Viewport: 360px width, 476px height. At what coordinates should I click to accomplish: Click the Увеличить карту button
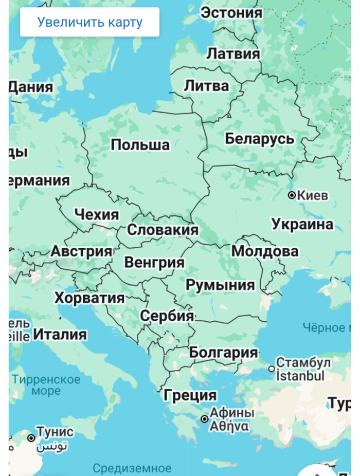89,22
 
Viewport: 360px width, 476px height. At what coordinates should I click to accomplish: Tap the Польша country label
140,145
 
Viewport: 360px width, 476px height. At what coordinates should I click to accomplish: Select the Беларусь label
260,139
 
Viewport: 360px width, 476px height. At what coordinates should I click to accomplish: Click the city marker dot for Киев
292,195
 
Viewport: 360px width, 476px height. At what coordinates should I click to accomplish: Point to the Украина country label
302,224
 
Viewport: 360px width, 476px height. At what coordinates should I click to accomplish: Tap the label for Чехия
97,214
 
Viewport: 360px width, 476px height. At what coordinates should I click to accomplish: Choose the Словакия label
163,230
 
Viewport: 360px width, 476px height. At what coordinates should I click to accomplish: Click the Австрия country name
81,251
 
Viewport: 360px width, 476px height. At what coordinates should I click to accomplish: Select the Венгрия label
154,262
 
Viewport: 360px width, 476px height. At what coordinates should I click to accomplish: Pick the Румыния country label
220,285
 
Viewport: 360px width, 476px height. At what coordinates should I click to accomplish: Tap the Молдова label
264,251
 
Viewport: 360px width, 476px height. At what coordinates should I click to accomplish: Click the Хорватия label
89,298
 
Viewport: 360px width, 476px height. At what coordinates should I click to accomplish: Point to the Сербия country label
167,316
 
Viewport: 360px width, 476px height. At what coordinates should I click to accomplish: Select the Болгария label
223,353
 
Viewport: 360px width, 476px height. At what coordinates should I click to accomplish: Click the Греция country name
190,395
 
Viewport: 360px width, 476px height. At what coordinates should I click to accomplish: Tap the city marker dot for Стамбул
272,369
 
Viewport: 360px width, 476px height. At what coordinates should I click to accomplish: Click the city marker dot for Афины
205,419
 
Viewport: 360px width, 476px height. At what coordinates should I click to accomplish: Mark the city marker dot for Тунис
31,438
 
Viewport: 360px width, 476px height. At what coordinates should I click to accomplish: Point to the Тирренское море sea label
46,385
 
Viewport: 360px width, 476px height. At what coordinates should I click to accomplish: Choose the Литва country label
206,86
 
